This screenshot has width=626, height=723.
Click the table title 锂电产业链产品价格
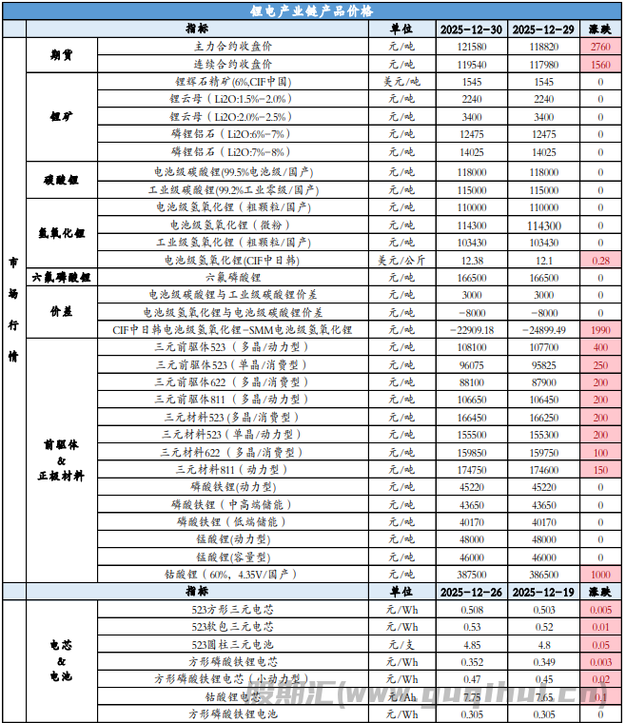(x=312, y=10)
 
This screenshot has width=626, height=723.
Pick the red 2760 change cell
(x=600, y=47)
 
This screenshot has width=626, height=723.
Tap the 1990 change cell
(x=600, y=330)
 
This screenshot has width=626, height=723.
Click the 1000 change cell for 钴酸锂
(x=600, y=576)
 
